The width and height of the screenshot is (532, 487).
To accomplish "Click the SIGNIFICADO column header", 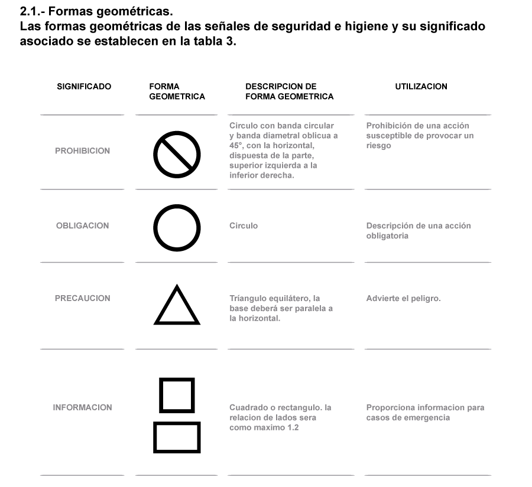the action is tap(84, 86).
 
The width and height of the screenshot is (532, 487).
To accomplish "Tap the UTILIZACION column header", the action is tap(421, 86).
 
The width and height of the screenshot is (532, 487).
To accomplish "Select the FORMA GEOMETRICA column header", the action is tap(177, 91).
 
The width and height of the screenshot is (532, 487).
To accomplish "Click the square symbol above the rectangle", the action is tap(177, 379).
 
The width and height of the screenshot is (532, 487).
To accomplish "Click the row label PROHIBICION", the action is tap(82, 151).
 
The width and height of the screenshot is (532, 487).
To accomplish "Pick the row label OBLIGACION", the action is tap(82, 225).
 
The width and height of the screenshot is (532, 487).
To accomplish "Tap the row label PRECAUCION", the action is tap(82, 298).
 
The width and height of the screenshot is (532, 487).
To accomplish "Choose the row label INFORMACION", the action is tap(82, 407).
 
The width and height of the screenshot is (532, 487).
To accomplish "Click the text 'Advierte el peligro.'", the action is tap(403, 299).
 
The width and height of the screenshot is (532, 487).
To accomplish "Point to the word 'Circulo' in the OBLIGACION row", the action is tap(244, 225).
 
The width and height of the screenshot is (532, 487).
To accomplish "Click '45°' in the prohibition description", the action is tap(236, 146).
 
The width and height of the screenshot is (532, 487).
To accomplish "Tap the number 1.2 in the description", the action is tap(293, 428).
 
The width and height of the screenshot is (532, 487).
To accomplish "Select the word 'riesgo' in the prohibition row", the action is tap(379, 146).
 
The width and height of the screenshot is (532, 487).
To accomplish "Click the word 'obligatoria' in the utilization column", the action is tap(387, 236).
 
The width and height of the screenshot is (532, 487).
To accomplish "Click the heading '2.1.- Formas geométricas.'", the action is tap(96, 12).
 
